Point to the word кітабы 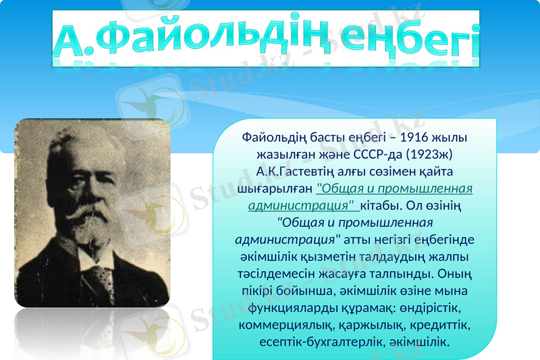click(382, 204)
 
